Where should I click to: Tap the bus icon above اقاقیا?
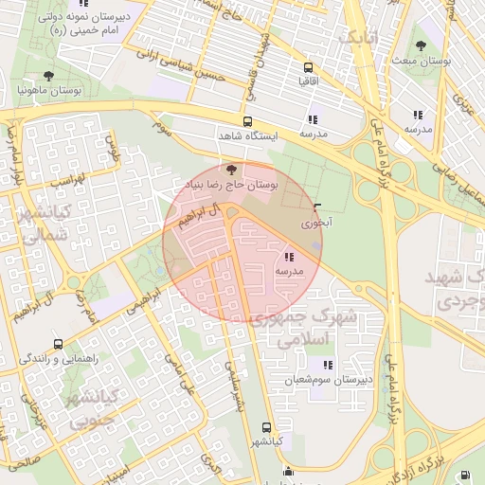click(x=307, y=67)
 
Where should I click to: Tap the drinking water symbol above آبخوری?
click(x=316, y=208)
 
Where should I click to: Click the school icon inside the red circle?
click(x=288, y=257)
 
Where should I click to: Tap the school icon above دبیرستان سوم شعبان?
click(x=328, y=365)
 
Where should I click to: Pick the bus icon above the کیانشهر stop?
click(x=266, y=427)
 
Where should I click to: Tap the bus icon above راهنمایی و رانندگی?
click(x=59, y=345)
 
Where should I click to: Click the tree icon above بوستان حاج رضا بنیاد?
click(x=233, y=170)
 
